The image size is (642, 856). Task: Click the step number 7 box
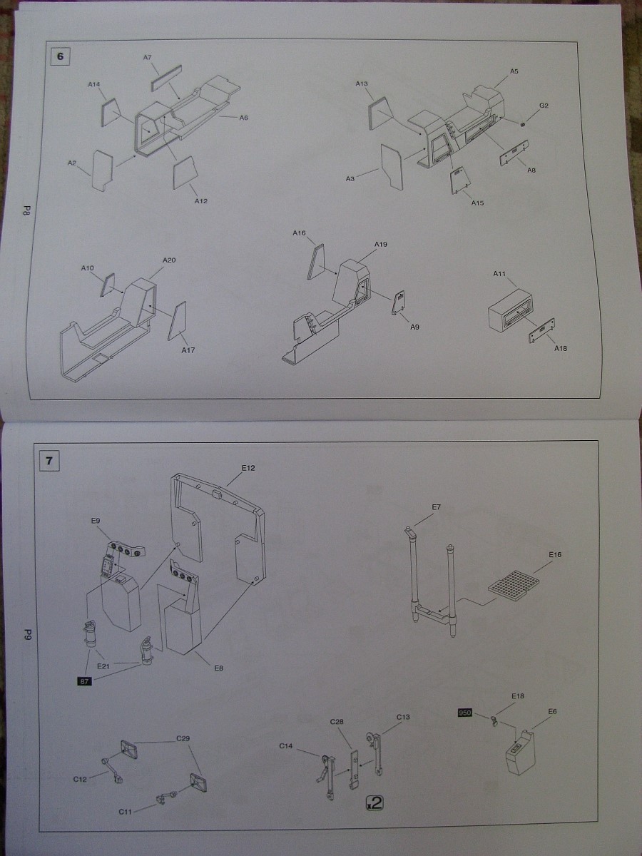point(49,460)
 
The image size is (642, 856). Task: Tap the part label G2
point(544,106)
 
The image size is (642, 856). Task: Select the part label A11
point(499,274)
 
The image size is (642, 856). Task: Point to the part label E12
point(248,468)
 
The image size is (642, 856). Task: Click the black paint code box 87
point(83,681)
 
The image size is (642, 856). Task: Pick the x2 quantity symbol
point(374,802)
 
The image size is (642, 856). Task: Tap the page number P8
point(25,210)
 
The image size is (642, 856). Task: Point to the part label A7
point(147,58)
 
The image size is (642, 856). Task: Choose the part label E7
point(437,507)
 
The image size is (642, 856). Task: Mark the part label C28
point(337,722)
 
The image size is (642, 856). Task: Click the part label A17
point(188,350)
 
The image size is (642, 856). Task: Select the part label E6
point(552,711)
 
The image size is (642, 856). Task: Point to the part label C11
point(126,812)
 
